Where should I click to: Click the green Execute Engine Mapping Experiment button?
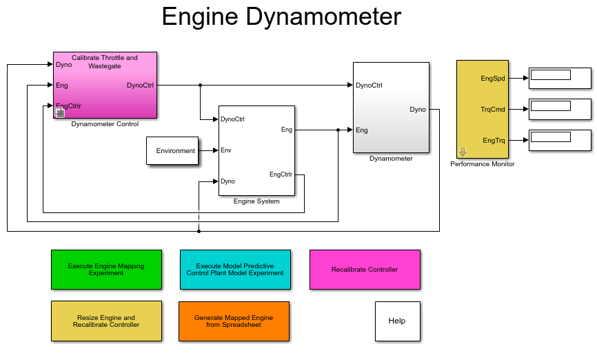pos(106,269)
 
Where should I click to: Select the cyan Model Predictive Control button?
pos(235,269)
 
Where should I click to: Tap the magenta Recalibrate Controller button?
pos(365,269)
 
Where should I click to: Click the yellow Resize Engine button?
pos(106,321)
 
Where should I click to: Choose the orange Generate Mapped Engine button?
pos(234,321)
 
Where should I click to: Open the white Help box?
pos(397,321)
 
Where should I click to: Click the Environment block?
pos(172,150)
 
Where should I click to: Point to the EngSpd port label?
pos(493,79)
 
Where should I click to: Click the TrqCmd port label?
pos(493,109)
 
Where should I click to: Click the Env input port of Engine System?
pos(225,150)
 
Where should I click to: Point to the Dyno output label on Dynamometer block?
pos(418,109)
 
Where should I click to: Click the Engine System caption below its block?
pos(256,201)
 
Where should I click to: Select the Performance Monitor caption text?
pos(483,164)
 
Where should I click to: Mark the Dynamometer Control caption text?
pos(105,124)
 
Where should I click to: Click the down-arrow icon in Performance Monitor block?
pos(463,152)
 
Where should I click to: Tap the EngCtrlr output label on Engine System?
pos(281,174)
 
